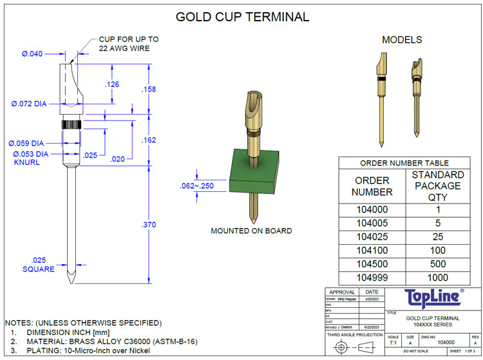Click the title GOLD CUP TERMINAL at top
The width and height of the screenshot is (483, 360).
[242, 17]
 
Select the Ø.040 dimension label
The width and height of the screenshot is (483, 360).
[32, 54]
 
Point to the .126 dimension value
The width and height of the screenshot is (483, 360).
[112, 84]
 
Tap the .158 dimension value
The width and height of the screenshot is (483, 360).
[149, 90]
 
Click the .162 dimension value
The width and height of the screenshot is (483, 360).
[149, 140]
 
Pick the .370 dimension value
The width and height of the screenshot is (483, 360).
[149, 224]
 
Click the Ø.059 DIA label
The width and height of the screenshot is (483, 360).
[26, 143]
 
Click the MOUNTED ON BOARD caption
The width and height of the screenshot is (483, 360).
[251, 231]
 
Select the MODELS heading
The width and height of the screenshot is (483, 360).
[402, 40]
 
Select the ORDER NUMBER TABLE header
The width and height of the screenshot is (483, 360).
[404, 163]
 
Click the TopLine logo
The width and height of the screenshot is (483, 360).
[433, 297]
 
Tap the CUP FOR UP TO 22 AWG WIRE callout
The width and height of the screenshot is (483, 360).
[128, 44]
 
